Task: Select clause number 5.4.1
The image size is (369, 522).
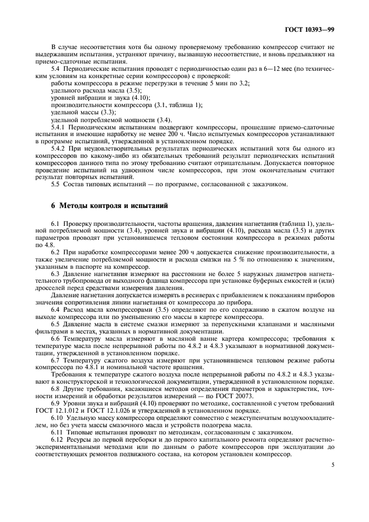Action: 59,127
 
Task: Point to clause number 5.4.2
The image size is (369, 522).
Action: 59,149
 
